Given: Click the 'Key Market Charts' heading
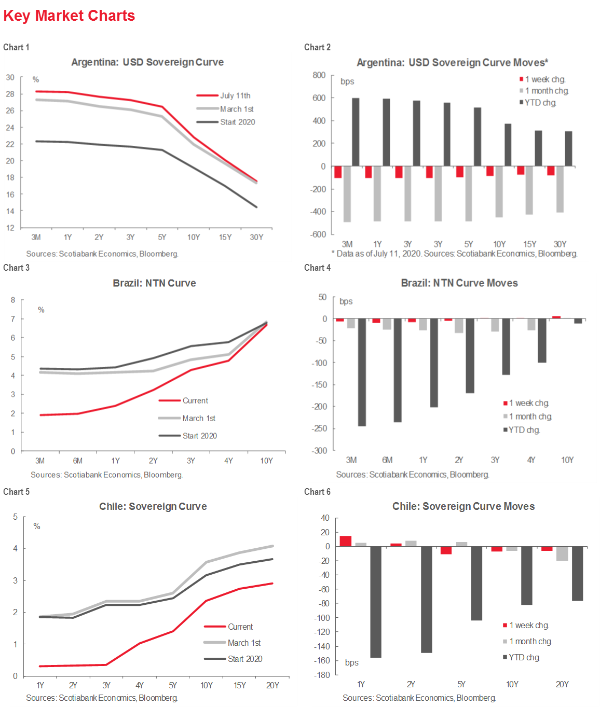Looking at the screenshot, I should (x=69, y=16).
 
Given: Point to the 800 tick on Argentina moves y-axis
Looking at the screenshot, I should (x=319, y=75).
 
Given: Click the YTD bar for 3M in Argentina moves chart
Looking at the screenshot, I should (x=356, y=132).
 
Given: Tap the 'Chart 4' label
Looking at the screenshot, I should (x=317, y=268).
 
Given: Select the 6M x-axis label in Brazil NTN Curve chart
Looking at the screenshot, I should (x=78, y=461).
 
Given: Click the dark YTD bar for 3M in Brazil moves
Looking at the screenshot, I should (x=362, y=372).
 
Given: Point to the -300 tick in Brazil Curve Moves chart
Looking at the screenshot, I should (x=319, y=450).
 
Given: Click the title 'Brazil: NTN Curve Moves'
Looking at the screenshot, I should (x=459, y=283).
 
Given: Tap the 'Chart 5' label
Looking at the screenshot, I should (x=17, y=492).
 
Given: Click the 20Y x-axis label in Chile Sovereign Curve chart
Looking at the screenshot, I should (x=272, y=685).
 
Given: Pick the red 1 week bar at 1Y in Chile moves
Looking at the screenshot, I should (x=346, y=541).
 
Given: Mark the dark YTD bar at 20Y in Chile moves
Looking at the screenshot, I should (x=577, y=573).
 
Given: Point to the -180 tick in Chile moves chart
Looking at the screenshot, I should (x=322, y=675).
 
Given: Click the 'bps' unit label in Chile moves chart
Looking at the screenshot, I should (x=352, y=662).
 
